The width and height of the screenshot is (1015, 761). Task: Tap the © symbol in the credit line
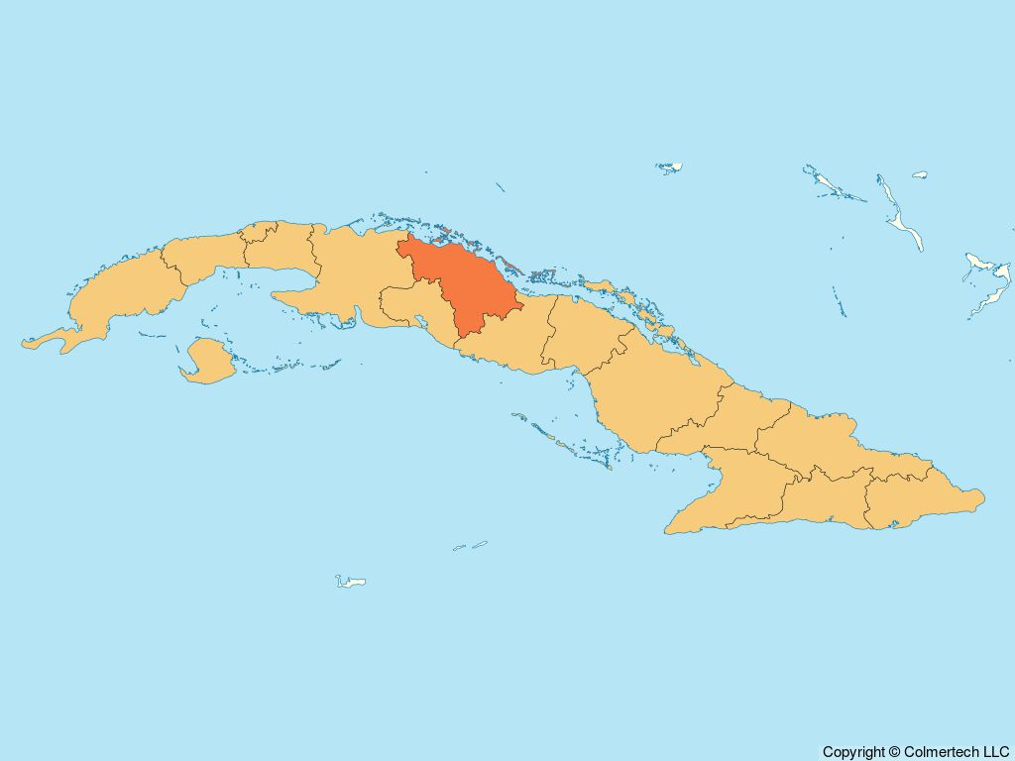[896, 752]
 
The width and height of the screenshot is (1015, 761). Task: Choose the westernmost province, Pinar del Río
[119, 292]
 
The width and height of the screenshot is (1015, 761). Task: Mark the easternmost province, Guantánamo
[912, 500]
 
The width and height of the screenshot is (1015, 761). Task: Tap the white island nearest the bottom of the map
[351, 581]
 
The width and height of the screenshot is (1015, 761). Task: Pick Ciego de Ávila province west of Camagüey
[580, 332]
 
